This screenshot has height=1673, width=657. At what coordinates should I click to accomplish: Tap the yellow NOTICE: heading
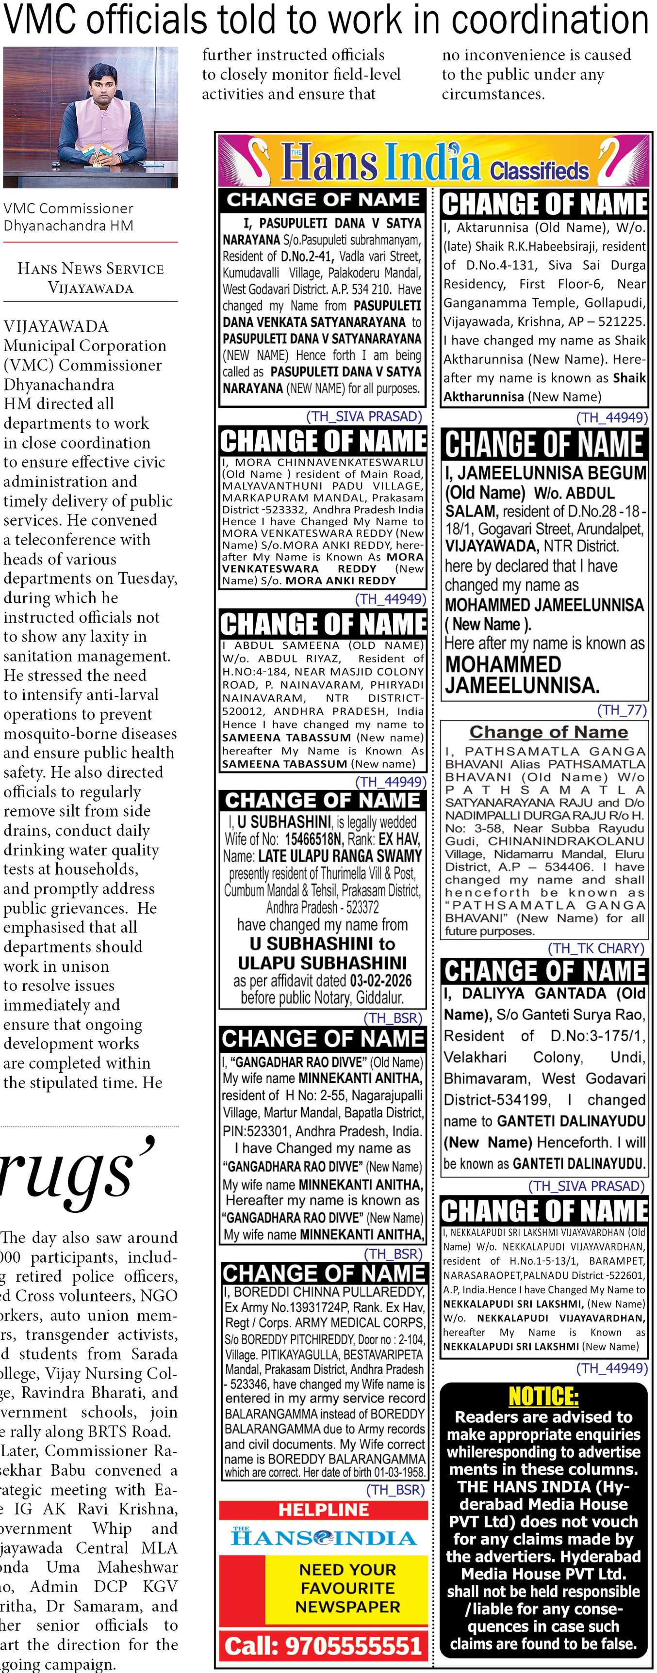tap(543, 1396)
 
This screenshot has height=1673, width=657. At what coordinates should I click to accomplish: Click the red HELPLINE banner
tap(323, 1509)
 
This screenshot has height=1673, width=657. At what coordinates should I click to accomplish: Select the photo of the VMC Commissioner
tap(90, 117)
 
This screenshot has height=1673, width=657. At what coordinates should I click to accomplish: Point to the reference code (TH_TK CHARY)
tap(595, 948)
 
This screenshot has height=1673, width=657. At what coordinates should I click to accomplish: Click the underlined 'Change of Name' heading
tap(548, 732)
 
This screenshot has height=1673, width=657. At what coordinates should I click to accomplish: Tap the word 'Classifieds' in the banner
tap(539, 171)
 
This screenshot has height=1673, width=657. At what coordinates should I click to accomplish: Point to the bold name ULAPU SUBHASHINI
tap(322, 963)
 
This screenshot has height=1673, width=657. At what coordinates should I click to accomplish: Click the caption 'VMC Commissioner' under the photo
tap(68, 209)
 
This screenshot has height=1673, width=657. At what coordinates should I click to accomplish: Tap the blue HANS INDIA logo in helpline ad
tap(323, 1537)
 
